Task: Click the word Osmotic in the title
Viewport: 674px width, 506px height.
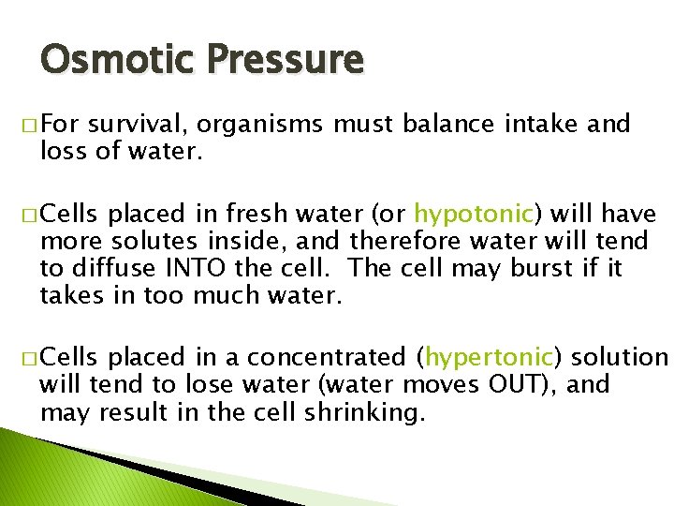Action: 104,59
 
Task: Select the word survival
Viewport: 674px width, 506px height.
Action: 138,125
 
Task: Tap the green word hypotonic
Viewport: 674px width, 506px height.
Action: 474,215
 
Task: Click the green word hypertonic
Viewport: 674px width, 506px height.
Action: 491,358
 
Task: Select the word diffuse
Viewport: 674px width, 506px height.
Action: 118,270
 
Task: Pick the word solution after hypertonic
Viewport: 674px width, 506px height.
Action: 619,358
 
